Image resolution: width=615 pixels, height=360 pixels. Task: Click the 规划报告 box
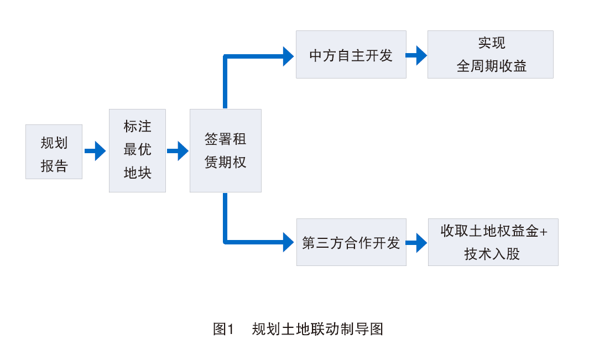[54, 152]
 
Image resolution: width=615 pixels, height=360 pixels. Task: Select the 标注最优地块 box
[137, 150]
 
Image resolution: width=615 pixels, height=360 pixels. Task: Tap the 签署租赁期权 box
[225, 150]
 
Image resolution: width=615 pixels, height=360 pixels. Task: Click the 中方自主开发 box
[351, 54]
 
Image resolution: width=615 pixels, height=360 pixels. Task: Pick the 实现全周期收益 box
[490, 54]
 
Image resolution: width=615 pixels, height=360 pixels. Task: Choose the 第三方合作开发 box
[351, 242]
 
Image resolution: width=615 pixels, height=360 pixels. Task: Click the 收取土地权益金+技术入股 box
[493, 242]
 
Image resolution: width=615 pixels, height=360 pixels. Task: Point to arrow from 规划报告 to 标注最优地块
[95, 150]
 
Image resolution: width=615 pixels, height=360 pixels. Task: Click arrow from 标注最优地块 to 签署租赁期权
[178, 150]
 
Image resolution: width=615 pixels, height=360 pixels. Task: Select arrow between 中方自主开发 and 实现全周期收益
[416, 55]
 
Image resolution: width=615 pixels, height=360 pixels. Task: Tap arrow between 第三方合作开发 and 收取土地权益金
[416, 242]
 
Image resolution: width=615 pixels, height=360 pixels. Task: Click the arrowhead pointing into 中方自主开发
[288, 56]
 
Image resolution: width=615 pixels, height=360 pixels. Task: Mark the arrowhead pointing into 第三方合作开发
[288, 242]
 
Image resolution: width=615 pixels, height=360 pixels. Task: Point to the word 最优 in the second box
[137, 150]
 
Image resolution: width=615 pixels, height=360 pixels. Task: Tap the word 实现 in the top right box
[492, 43]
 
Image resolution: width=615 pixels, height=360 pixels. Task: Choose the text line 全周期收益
[492, 66]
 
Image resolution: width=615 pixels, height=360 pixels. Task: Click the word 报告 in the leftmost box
[54, 166]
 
